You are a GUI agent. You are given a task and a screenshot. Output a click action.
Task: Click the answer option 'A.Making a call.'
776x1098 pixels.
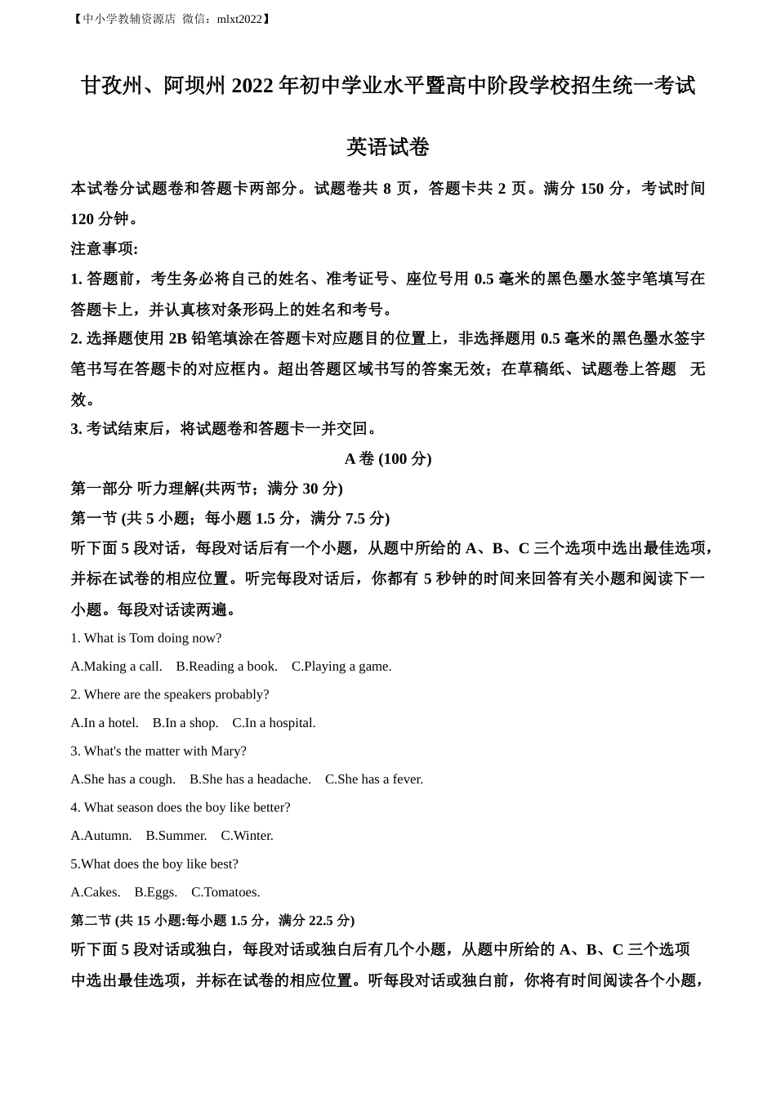coord(116,667)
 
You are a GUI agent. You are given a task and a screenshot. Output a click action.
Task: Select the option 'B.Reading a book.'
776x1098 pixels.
coord(226,667)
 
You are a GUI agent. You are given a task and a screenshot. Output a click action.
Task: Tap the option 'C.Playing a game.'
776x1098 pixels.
coord(341,667)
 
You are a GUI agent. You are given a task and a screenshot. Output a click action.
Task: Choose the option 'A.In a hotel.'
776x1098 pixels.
coord(105,723)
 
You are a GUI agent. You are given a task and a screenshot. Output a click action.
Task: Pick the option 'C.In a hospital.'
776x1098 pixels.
coord(274,723)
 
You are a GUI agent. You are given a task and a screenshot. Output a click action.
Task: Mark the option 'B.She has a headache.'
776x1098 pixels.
coord(250,779)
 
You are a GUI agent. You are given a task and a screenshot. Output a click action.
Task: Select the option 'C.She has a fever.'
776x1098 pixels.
coord(374,779)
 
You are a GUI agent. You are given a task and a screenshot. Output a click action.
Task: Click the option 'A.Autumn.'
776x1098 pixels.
coord(101,836)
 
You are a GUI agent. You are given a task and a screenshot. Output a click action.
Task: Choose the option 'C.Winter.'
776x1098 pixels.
coord(247,836)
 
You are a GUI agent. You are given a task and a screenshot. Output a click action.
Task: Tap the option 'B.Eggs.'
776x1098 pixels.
coord(155,892)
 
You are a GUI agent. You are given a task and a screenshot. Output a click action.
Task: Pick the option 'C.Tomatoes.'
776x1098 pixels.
coord(225,892)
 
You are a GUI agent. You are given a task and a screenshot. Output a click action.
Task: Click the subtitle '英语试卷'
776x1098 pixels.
coord(388,147)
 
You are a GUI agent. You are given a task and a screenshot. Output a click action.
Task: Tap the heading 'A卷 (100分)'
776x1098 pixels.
coord(388,459)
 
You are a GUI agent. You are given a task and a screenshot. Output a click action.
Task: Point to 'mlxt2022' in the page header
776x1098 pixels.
coord(239,19)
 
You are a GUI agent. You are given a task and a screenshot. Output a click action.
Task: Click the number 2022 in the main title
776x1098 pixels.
coord(252,86)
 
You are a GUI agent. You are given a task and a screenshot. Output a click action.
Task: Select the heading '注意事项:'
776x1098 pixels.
coord(105,248)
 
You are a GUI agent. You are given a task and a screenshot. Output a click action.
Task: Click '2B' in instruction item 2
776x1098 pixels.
coord(178,339)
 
